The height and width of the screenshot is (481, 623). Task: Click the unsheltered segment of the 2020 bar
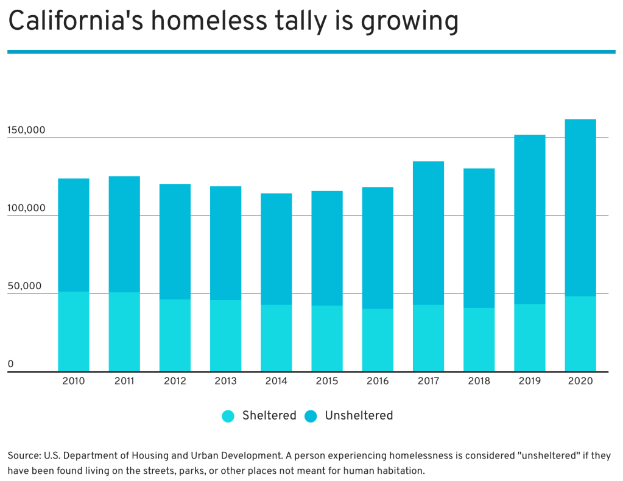pyautogui.click(x=580, y=208)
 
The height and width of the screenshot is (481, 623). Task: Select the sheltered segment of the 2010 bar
pyautogui.click(x=73, y=331)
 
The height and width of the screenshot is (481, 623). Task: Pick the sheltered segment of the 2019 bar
pyautogui.click(x=529, y=337)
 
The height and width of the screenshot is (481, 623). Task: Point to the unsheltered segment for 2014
pyautogui.click(x=276, y=249)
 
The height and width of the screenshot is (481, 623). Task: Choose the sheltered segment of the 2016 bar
pyautogui.click(x=378, y=340)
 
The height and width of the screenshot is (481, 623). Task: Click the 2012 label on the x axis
pyautogui.click(x=175, y=381)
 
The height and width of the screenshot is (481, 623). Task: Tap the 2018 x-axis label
pyautogui.click(x=479, y=381)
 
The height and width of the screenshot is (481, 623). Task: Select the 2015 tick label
pyautogui.click(x=327, y=381)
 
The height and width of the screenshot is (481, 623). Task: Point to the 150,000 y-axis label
pyautogui.click(x=26, y=130)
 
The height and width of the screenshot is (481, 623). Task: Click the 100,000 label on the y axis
pyautogui.click(x=26, y=208)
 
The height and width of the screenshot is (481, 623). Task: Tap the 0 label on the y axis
pyautogui.click(x=10, y=364)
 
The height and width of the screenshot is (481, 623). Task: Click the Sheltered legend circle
pyautogui.click(x=228, y=416)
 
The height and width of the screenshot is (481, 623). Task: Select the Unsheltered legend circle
pyautogui.click(x=311, y=416)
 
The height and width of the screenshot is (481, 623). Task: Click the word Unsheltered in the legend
pyautogui.click(x=359, y=416)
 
